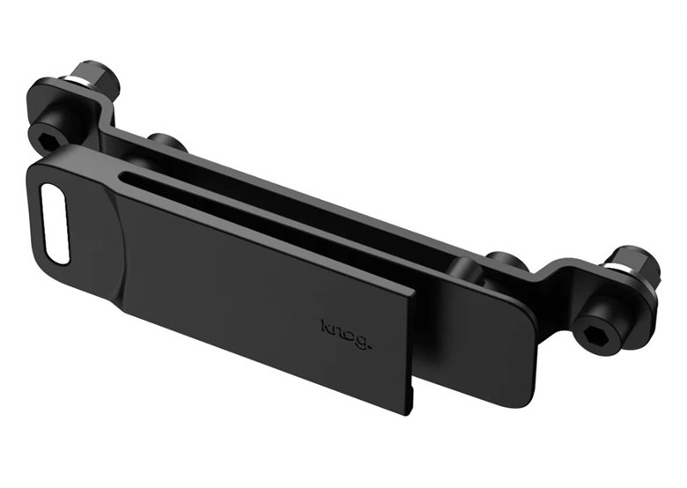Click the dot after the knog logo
coord(370,344)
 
